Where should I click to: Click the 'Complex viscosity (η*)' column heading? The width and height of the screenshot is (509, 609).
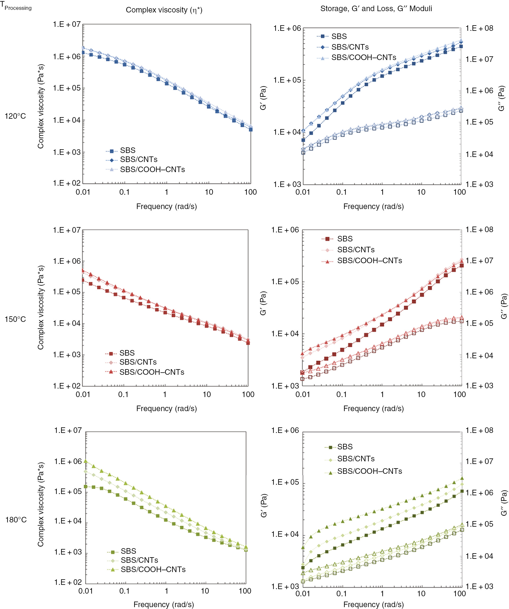[164, 10]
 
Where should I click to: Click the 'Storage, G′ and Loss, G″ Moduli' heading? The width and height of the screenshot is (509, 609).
[376, 9]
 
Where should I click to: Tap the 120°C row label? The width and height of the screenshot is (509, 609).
[15, 116]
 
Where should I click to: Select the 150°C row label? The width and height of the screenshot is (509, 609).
[15, 319]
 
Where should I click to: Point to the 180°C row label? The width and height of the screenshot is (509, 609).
[16, 520]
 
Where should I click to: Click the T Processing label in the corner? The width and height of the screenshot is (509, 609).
[16, 7]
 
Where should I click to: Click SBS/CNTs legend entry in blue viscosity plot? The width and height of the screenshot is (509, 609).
[138, 160]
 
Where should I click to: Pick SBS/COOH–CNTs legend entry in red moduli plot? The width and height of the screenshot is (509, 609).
[369, 261]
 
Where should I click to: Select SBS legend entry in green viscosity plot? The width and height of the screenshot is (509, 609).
[128, 551]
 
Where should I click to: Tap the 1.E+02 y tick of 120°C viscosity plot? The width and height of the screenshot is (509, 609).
[67, 183]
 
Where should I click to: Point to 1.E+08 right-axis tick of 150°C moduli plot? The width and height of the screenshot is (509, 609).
[479, 229]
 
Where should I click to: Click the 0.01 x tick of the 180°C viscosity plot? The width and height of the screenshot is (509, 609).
[86, 591]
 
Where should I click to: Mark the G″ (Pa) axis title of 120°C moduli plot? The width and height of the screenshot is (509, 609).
[502, 99]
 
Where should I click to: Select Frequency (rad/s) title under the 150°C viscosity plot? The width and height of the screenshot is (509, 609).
[167, 408]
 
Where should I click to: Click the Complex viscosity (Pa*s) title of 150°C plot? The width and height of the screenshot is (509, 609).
[41, 307]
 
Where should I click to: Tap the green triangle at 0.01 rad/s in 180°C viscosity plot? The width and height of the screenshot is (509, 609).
[86, 461]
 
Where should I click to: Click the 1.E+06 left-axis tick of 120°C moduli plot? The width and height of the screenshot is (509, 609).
[287, 28]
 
